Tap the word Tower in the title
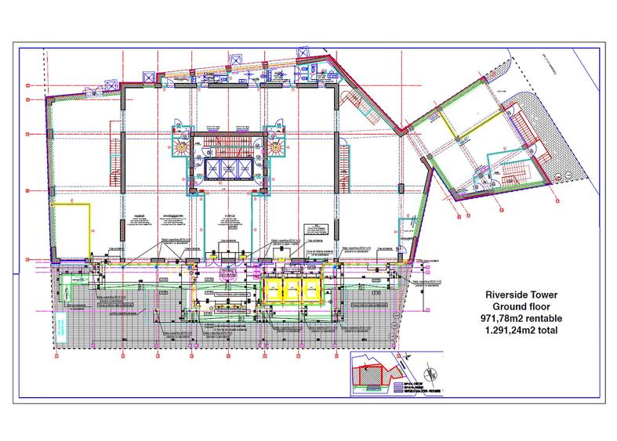click(x=543, y=294)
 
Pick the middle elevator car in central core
click(x=224, y=169)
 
